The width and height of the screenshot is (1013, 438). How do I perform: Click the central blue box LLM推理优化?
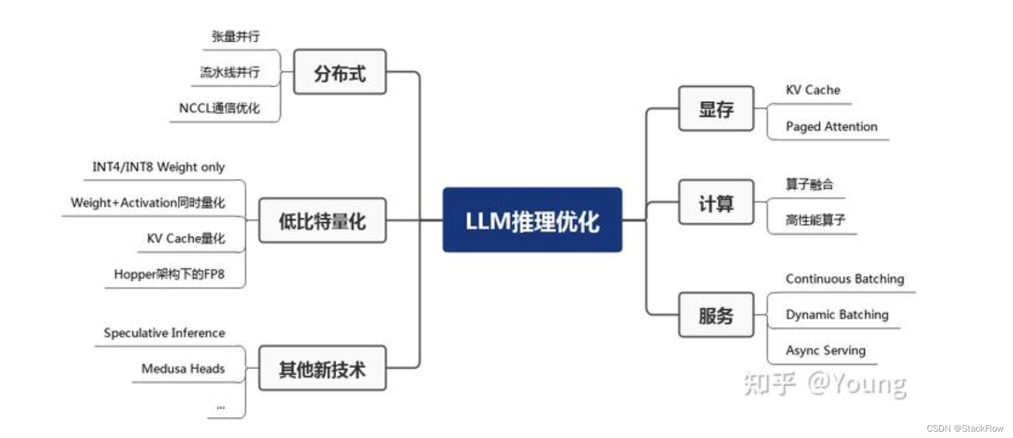(532, 220)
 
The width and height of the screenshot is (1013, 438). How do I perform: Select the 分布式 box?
(340, 72)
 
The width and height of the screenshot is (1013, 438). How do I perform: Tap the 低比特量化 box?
(322, 220)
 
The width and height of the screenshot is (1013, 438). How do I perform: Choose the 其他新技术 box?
(322, 368)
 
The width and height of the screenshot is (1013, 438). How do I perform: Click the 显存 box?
(716, 109)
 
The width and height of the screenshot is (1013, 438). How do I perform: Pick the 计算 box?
(716, 203)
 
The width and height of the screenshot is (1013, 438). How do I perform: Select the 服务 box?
(716, 315)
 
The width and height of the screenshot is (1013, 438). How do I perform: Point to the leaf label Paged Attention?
(831, 127)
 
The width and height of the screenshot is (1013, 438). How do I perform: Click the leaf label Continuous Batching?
(845, 278)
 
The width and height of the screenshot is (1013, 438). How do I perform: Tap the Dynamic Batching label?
(837, 315)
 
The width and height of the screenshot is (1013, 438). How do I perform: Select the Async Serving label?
(826, 350)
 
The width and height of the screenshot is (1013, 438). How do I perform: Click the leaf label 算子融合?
(809, 184)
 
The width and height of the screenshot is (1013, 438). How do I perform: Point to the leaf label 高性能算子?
(815, 220)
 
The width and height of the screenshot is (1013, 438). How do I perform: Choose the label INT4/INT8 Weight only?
(158, 167)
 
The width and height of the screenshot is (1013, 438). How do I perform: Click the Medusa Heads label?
(183, 368)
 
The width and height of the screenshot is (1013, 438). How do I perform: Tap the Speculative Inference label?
(164, 333)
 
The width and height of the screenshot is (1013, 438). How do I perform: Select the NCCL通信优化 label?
(219, 108)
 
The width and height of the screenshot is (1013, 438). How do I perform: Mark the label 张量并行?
(236, 37)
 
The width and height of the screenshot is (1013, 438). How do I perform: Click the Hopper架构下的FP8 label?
(169, 274)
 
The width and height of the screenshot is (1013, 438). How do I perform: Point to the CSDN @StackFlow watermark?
(964, 429)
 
